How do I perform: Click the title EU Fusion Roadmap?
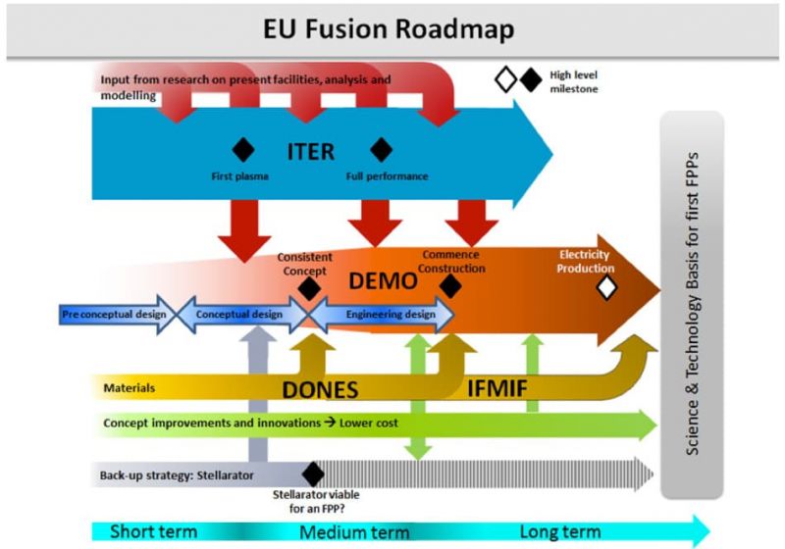pyautogui.click(x=391, y=28)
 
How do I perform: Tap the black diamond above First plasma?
pyautogui.click(x=242, y=149)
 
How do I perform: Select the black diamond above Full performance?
pyautogui.click(x=381, y=149)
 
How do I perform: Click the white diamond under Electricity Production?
pyautogui.click(x=606, y=286)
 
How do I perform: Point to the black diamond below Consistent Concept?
pyautogui.click(x=309, y=288)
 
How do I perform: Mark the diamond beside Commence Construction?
pyautogui.click(x=450, y=285)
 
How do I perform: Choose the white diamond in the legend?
pyautogui.click(x=505, y=80)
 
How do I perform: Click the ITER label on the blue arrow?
pyautogui.click(x=310, y=151)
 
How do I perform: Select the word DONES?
pyautogui.click(x=320, y=389)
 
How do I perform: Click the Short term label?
pyautogui.click(x=153, y=532)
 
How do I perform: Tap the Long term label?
pyautogui.click(x=559, y=532)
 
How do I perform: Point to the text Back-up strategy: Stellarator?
pyautogui.click(x=177, y=475)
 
